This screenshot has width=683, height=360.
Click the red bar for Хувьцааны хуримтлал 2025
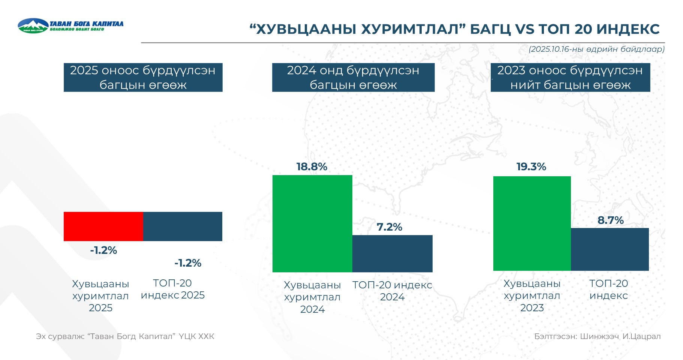103,226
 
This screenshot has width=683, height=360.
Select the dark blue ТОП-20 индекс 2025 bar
183,226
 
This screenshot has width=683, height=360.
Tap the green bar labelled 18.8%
312,223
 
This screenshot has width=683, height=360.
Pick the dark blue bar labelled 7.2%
392,253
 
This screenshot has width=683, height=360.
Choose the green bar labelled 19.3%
532,223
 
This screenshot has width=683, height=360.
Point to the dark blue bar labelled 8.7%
610,249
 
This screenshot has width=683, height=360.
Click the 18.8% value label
312,166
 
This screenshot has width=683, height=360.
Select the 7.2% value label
389,227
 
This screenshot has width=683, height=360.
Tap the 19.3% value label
531,166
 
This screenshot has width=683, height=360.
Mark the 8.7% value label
611,220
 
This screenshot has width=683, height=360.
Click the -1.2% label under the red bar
103,250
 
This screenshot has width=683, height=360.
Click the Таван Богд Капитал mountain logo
33,25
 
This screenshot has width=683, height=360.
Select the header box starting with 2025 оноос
143,77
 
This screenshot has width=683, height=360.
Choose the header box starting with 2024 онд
353,77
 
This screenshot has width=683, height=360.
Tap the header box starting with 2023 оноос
571,77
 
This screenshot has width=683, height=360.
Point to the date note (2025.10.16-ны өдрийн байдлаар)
597,49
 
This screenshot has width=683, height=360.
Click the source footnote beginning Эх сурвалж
125,336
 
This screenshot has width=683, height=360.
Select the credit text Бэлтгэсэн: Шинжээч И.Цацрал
598,336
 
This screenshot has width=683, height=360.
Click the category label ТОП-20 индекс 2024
392,291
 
